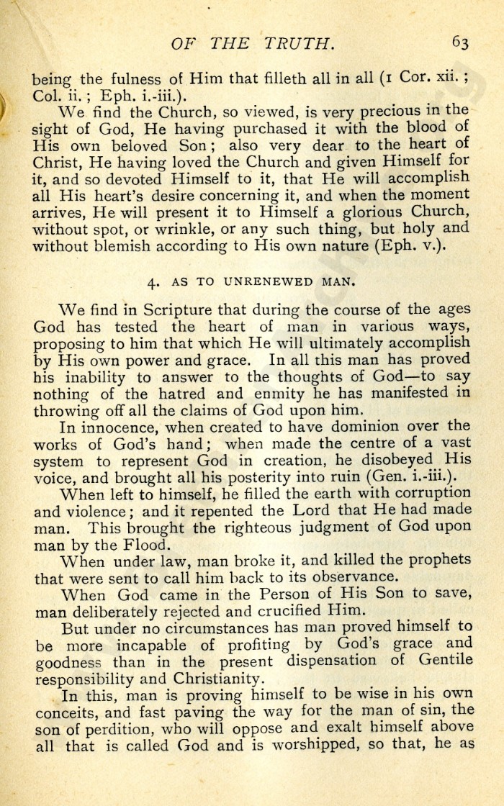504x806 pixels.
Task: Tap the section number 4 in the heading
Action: (x=153, y=282)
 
